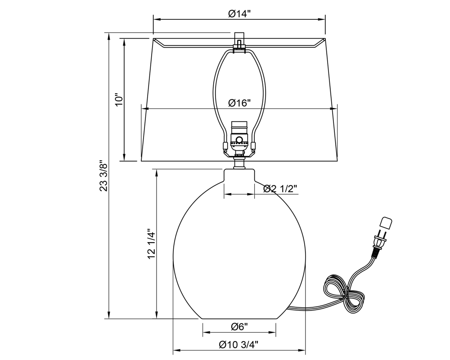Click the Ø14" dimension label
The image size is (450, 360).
(x=239, y=13)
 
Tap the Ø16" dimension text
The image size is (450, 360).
(x=239, y=103)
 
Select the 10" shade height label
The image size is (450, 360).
(x=118, y=99)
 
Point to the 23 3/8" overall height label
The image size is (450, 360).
(x=103, y=175)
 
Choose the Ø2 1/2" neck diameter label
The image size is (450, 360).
(x=280, y=189)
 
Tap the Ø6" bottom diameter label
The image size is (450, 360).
(x=239, y=326)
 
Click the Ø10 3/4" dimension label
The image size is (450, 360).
(x=238, y=344)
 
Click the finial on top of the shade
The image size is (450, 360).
(x=239, y=40)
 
